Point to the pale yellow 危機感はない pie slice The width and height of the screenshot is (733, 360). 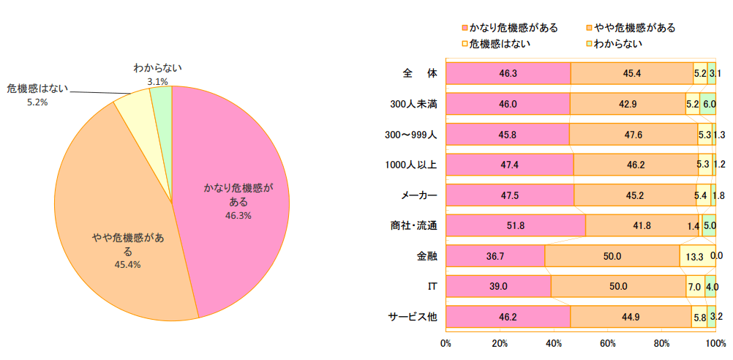(134, 110)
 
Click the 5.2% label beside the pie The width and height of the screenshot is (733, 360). (37, 102)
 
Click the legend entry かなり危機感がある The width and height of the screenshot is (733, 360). (513, 28)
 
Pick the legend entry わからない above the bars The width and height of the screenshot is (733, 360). (618, 44)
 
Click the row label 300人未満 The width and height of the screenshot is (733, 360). (414, 104)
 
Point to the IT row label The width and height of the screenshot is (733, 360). (432, 286)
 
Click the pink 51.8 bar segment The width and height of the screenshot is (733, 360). (515, 225)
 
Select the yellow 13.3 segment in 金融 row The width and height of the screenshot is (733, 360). (693, 256)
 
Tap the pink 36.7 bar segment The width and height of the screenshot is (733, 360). (495, 256)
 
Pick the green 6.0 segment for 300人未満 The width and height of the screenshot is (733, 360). (708, 104)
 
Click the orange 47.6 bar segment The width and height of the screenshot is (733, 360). (634, 135)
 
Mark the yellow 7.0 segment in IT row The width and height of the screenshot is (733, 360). (695, 286)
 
